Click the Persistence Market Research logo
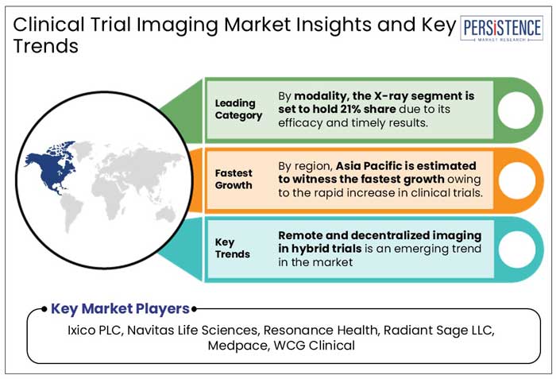tap(502, 29)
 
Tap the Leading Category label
tap(237, 109)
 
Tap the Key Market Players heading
tap(120, 308)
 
